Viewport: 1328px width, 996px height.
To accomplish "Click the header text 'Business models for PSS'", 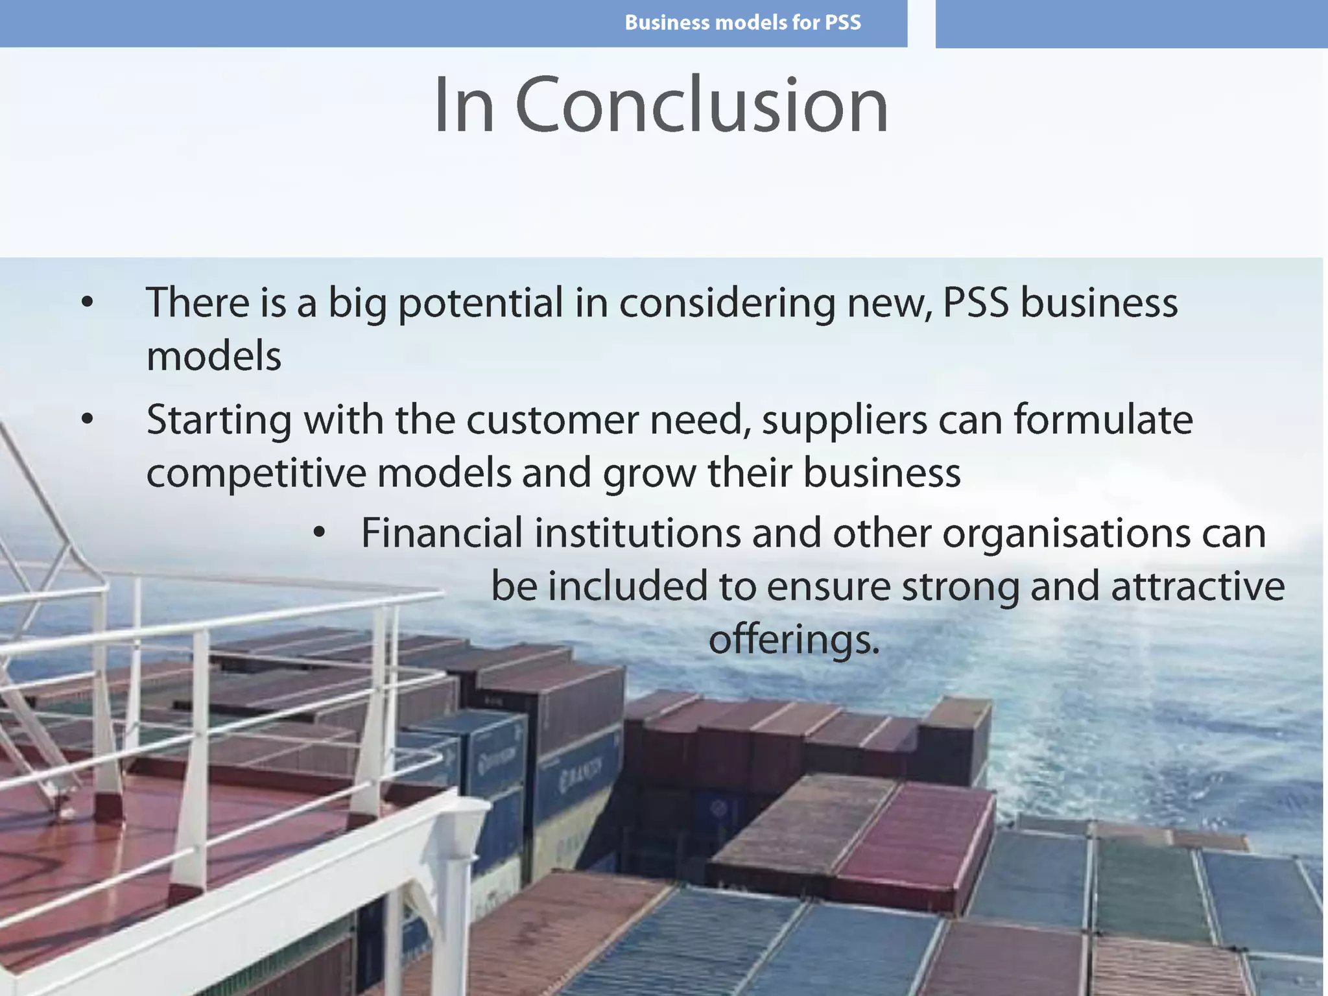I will coord(742,23).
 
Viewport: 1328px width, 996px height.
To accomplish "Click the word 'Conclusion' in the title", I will coord(702,105).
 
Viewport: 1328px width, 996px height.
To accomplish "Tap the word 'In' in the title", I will coord(464,105).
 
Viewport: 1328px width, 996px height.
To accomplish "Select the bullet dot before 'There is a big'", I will coord(88,302).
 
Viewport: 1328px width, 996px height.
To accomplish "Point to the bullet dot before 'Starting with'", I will coord(88,419).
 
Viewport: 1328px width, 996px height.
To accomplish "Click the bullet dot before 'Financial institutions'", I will coord(318,532).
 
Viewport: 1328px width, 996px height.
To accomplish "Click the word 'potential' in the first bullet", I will coord(480,303).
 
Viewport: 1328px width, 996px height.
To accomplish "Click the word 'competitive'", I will coord(256,473).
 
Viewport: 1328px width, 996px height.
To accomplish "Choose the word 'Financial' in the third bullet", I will coord(442,533).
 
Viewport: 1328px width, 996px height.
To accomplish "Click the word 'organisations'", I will coord(1066,534).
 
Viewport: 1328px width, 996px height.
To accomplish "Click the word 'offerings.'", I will coord(794,640).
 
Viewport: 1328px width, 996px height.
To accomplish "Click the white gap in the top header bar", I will coord(921,23).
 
